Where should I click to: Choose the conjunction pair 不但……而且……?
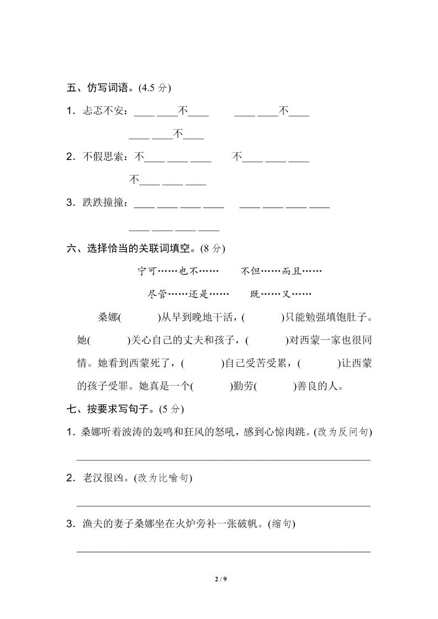coord(281,271)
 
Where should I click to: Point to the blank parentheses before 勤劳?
coord(210,386)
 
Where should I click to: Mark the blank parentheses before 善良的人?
coord(276,386)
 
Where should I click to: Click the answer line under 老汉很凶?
coord(223,505)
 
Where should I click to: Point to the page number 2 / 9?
coord(219,579)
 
